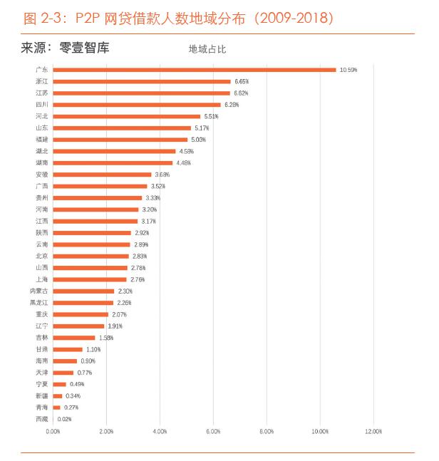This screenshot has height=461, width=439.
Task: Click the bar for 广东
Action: (194, 70)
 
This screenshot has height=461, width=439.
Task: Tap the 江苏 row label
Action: (42, 93)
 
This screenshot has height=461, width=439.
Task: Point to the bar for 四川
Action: (137, 105)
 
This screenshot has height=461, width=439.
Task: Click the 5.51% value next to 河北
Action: (212, 116)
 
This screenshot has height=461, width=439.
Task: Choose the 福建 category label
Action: (42, 140)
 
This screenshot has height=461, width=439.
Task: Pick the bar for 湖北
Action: (114, 151)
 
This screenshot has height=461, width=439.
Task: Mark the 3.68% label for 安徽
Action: (162, 175)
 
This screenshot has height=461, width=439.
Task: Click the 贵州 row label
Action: (42, 197)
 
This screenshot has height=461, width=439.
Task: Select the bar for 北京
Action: (91, 256)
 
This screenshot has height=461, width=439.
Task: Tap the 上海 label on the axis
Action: (42, 279)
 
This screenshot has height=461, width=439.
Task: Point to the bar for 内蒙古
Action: (83, 291)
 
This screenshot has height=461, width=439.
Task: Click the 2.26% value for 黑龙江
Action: (124, 303)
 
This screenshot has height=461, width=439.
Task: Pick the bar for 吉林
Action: (74, 338)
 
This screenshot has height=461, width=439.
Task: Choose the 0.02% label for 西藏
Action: (64, 419)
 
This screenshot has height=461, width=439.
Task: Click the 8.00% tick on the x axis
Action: (267, 432)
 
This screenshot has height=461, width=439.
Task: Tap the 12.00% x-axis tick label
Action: (373, 432)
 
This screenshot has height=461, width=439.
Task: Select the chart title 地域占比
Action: (207, 49)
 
